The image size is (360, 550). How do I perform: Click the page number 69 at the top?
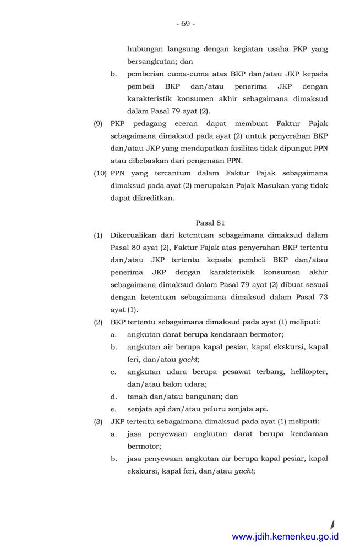pyautogui.click(x=185, y=24)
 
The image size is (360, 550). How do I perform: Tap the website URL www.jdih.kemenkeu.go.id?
pyautogui.click(x=285, y=537)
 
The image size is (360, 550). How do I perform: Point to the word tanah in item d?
pyautogui.click(x=137, y=396)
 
